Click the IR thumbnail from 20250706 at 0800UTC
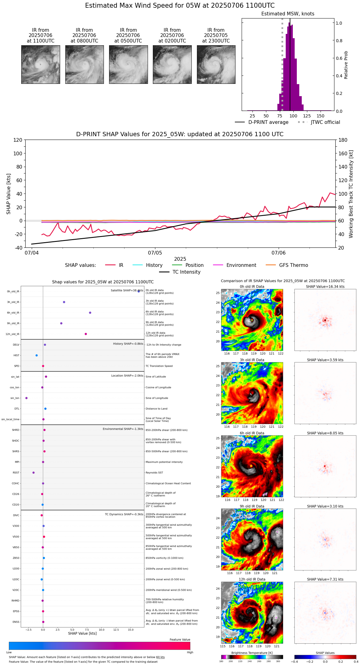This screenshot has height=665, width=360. (84, 64)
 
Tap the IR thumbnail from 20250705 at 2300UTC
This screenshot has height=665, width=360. (216, 64)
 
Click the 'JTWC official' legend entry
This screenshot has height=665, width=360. (325, 122)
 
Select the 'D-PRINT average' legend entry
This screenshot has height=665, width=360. (268, 122)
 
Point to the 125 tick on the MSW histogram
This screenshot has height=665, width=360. (307, 116)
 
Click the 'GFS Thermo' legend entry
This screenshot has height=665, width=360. (293, 265)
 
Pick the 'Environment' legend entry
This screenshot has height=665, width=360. (241, 265)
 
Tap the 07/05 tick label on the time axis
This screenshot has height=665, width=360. (155, 253)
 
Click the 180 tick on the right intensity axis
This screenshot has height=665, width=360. (343, 140)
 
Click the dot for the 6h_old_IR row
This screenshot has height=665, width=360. (90, 313)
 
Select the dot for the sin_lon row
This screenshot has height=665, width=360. (27, 398)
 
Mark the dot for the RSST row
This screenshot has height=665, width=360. (34, 473)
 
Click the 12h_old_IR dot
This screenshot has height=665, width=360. (86, 334)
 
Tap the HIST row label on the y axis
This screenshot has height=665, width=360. (16, 356)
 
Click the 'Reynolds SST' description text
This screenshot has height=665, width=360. (154, 473)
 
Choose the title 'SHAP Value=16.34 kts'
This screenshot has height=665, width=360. (325, 287)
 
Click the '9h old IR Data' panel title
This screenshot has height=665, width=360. (252, 506)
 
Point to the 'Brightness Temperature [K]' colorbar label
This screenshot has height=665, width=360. (252, 653)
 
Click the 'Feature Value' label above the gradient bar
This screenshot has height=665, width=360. (180, 640)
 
